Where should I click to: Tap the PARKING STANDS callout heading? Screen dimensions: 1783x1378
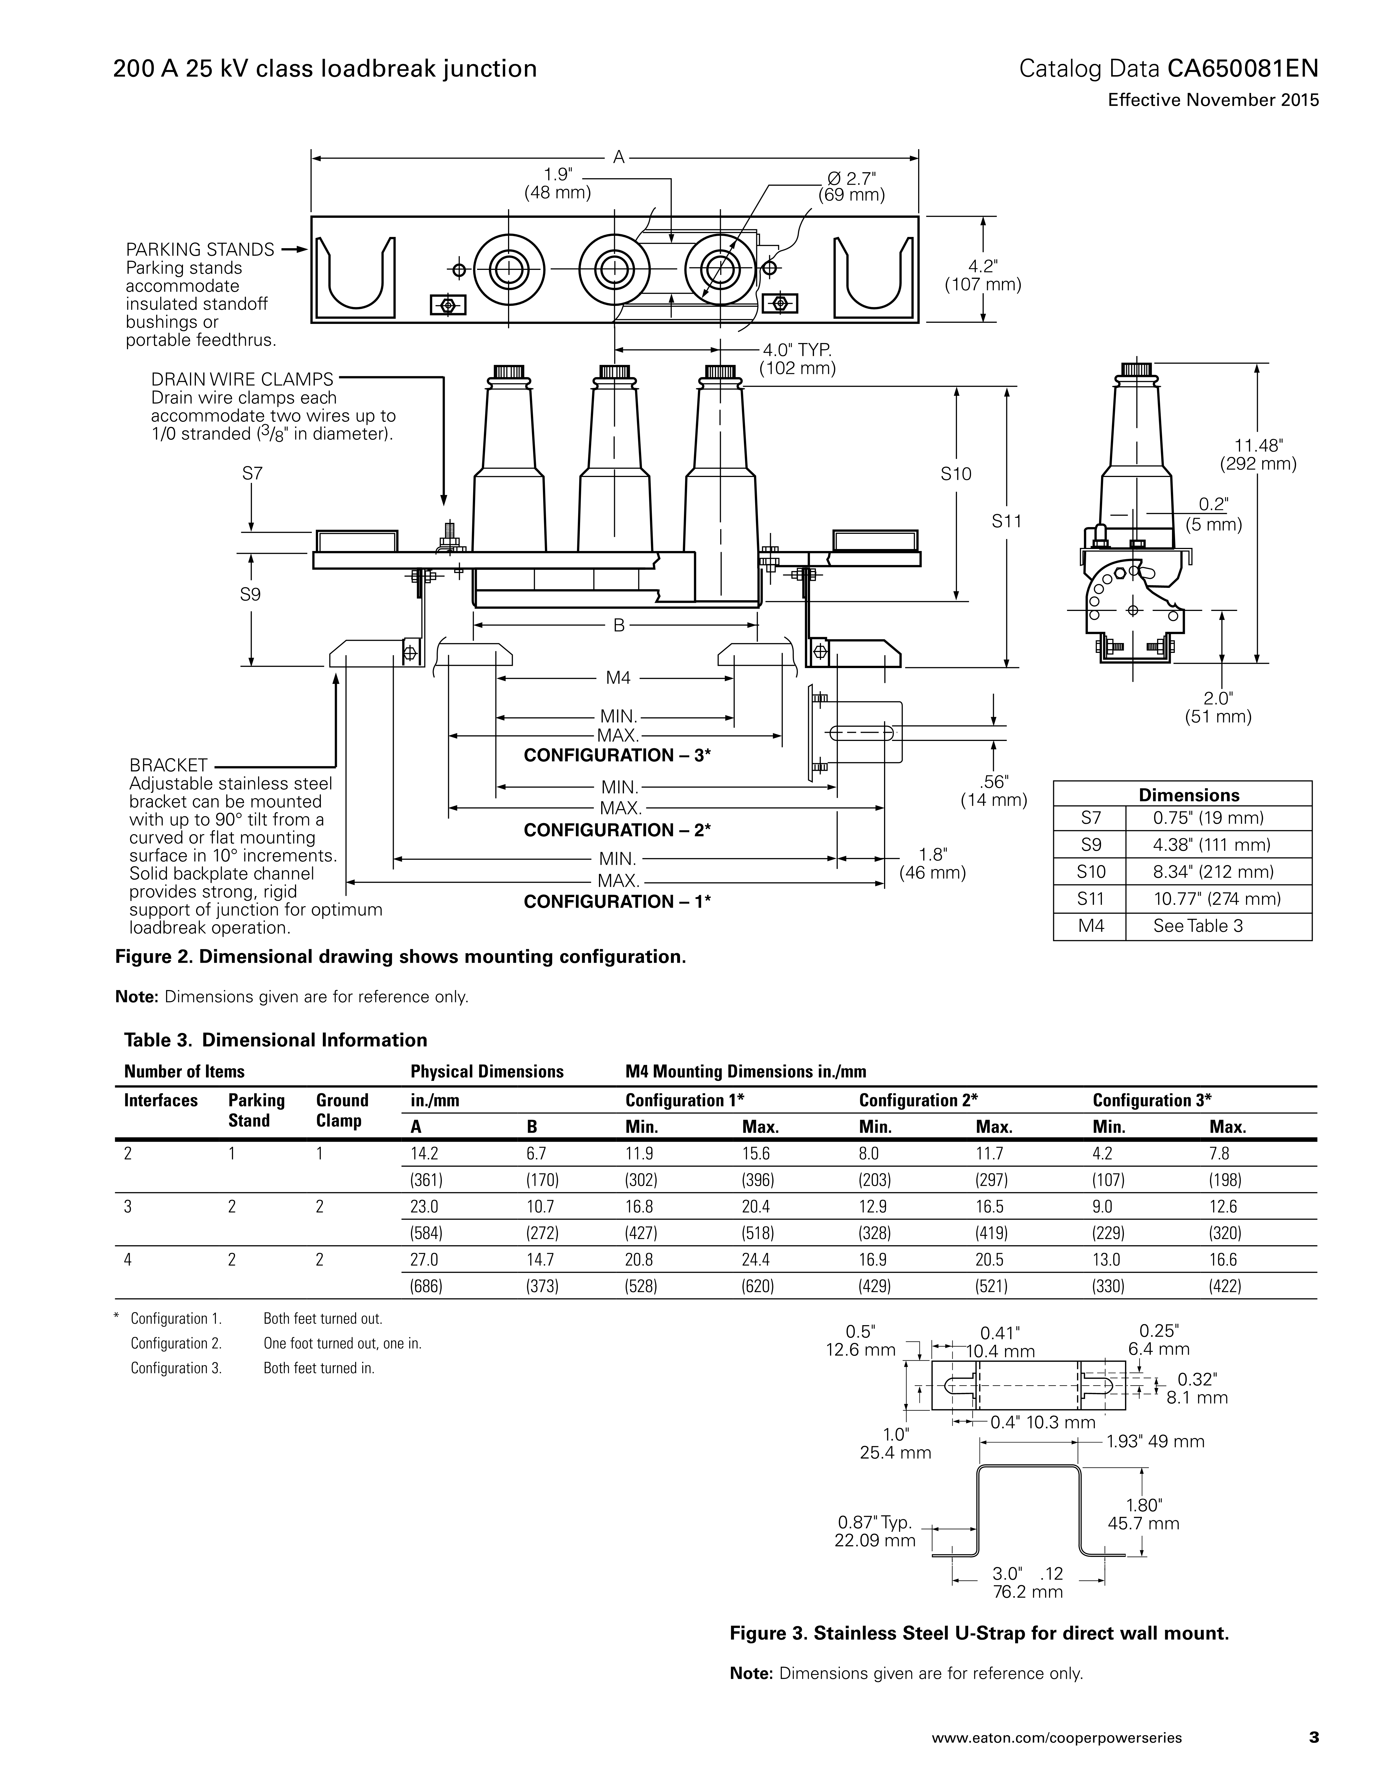point(199,250)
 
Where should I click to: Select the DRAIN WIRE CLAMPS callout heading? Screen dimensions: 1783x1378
point(242,380)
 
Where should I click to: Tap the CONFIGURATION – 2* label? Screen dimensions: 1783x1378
point(617,830)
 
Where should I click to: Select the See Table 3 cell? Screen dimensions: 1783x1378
point(1198,926)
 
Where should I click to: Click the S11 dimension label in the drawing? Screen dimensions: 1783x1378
point(1006,521)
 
